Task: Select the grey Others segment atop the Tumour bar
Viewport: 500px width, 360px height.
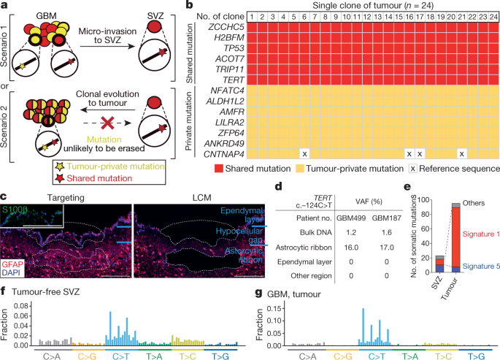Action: (x=455, y=204)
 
